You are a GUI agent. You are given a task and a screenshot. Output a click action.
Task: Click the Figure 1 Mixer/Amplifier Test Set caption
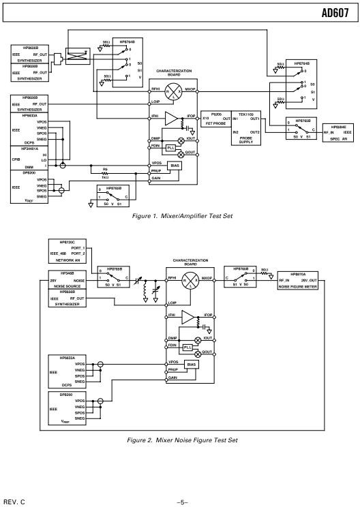point(183,216)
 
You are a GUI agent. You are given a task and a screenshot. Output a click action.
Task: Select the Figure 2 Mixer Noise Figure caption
point(183,440)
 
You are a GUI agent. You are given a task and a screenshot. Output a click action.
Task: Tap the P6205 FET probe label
point(217,115)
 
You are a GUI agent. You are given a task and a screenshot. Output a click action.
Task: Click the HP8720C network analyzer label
point(67,242)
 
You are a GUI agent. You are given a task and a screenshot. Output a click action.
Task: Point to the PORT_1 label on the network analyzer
point(87,247)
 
